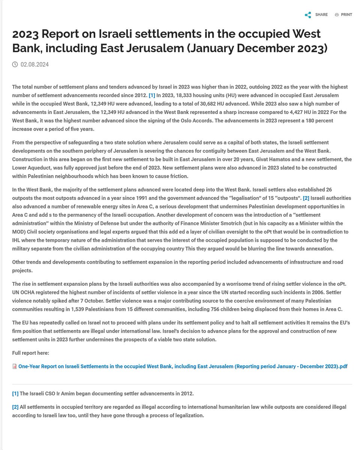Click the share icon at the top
click(x=308, y=15)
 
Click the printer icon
click(x=337, y=15)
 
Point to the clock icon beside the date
click(x=15, y=64)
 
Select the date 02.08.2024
click(x=34, y=64)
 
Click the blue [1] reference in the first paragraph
click(x=152, y=95)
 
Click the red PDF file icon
click(x=15, y=366)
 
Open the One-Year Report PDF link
click(x=183, y=366)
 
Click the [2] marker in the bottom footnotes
click(x=15, y=407)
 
